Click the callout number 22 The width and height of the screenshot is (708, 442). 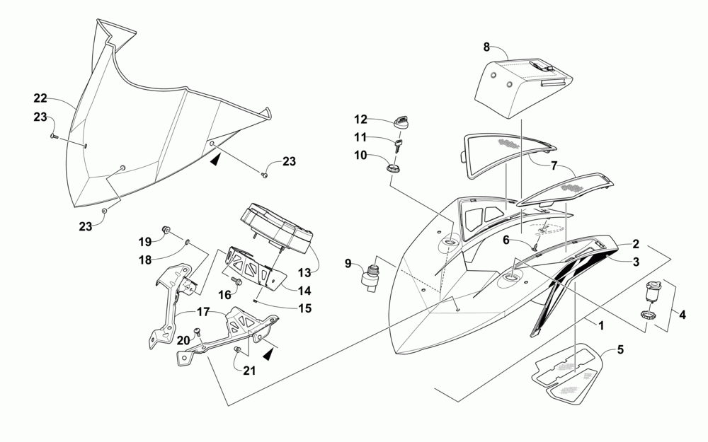click(x=40, y=98)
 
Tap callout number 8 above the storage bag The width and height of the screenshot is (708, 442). click(x=486, y=47)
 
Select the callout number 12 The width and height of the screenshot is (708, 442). click(x=360, y=119)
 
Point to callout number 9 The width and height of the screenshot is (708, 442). click(x=348, y=264)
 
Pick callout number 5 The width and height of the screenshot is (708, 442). click(x=620, y=349)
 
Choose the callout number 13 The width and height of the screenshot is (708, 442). click(x=305, y=272)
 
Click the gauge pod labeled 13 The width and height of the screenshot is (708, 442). click(x=277, y=228)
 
